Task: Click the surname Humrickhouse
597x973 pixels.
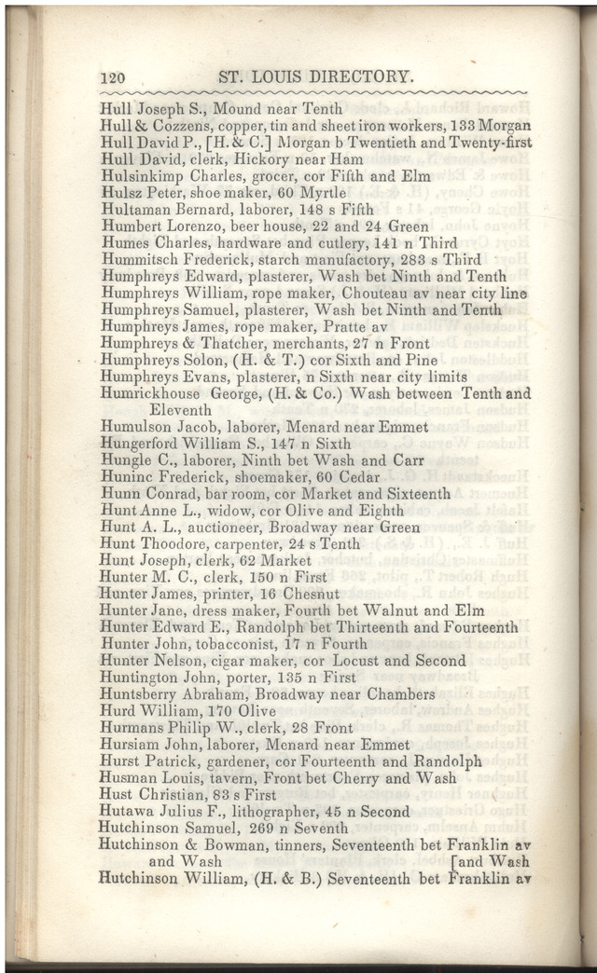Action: click(149, 393)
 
